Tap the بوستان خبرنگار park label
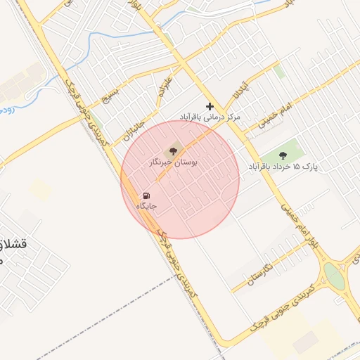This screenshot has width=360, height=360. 173,162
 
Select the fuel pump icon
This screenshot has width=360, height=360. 146,195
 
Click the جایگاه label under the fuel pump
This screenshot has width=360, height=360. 146,207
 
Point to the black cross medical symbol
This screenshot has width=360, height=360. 210,106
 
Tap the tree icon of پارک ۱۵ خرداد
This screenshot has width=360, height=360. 283,155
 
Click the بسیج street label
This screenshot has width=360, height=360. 110,93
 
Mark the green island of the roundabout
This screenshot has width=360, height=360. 335,276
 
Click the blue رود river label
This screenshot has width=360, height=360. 6,110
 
